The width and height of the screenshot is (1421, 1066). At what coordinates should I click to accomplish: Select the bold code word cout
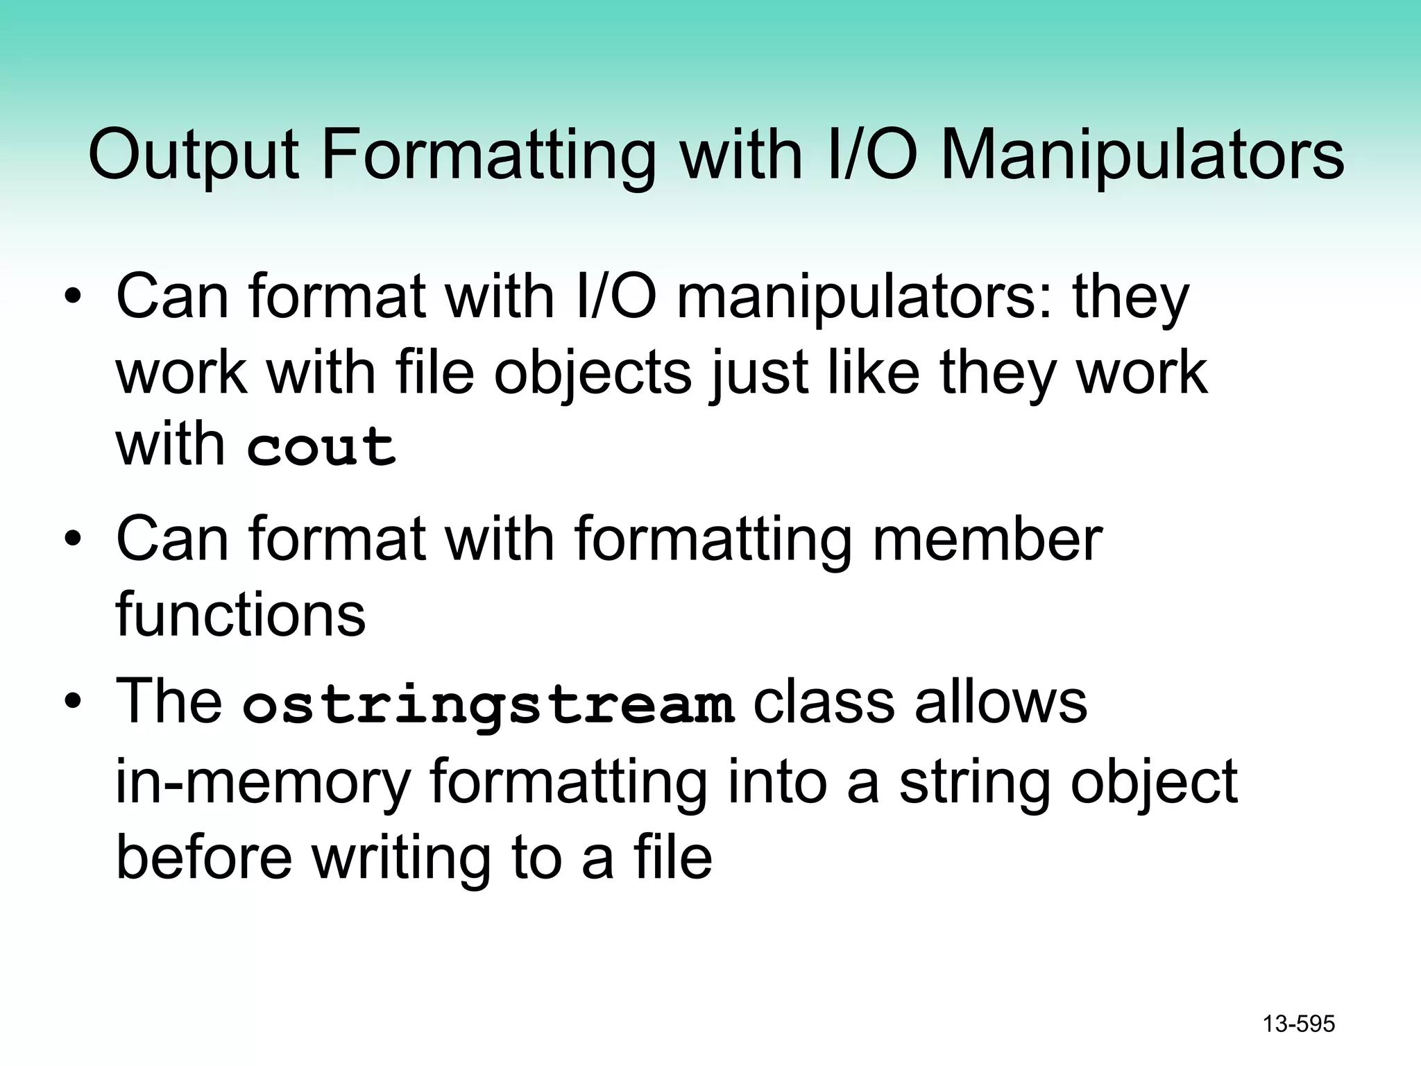click(x=321, y=446)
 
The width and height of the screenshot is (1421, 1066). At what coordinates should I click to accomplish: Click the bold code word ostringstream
click(x=488, y=704)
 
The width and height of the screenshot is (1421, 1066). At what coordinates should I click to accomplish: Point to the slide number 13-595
click(x=1298, y=1024)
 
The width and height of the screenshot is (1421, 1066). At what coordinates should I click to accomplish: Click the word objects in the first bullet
click(x=593, y=373)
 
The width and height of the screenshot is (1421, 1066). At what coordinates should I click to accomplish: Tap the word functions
click(x=240, y=614)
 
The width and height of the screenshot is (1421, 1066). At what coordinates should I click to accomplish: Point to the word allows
click(x=1001, y=702)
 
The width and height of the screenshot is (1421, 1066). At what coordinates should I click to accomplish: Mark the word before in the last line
click(x=204, y=857)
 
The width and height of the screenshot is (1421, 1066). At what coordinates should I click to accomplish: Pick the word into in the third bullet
click(x=777, y=781)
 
